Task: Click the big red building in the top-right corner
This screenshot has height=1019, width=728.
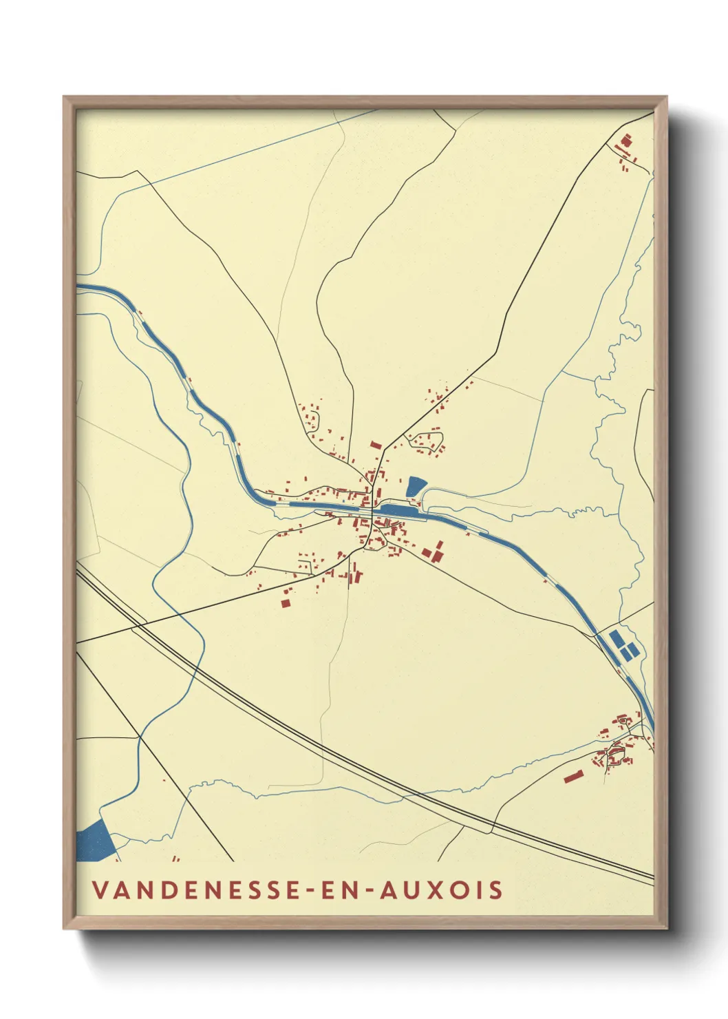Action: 625,141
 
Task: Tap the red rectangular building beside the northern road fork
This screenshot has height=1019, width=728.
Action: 376,445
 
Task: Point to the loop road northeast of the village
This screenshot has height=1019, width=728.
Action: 425,441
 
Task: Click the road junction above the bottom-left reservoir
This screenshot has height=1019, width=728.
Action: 140,737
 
